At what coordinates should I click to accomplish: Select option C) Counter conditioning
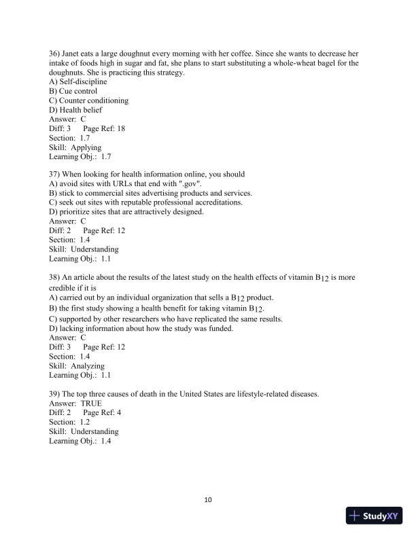(x=89, y=101)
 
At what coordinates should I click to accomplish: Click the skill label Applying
(x=86, y=147)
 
